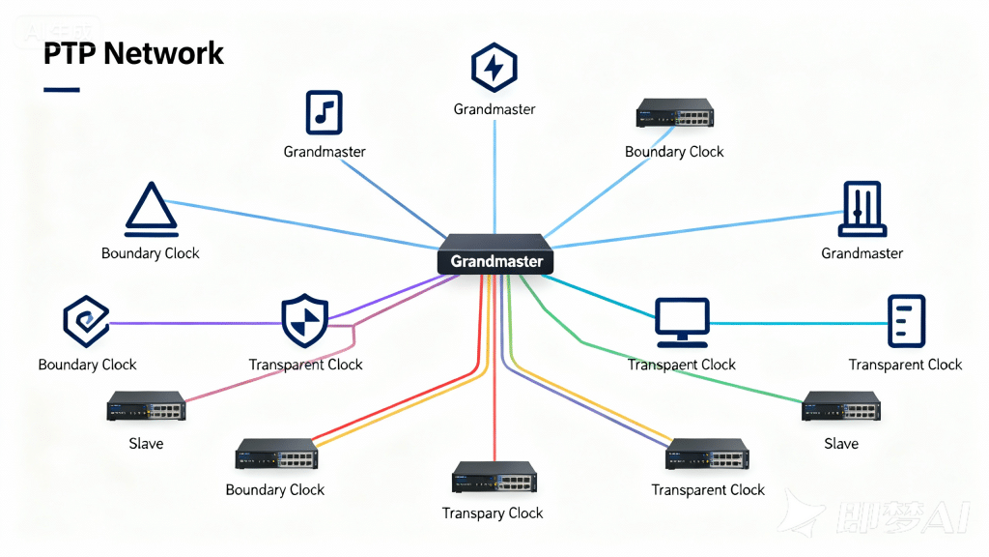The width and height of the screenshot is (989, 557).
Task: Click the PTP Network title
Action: click(133, 53)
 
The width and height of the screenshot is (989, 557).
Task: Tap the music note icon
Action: click(325, 112)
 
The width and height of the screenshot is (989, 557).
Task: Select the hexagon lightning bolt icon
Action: click(494, 68)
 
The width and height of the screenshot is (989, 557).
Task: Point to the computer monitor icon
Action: click(682, 322)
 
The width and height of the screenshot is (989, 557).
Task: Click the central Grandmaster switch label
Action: click(496, 261)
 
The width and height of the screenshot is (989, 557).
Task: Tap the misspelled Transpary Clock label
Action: click(493, 513)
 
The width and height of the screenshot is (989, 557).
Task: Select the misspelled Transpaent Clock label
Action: click(682, 365)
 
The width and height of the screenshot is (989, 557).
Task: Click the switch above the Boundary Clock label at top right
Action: click(674, 114)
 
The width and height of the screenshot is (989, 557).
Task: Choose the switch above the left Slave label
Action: click(146, 406)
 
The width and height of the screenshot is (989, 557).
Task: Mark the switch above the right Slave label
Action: click(840, 406)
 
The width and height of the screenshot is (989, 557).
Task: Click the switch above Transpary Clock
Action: click(494, 478)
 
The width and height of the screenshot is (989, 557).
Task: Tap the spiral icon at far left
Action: click(86, 321)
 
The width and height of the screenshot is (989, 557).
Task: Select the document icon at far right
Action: click(906, 321)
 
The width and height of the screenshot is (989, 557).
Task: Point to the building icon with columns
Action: click(862, 209)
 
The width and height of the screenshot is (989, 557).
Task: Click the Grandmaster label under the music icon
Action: click(325, 152)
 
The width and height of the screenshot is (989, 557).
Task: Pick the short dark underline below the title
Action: click(62, 90)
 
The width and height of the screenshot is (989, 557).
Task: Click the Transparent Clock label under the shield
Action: click(305, 365)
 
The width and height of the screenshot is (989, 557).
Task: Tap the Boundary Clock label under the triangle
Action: click(151, 253)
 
